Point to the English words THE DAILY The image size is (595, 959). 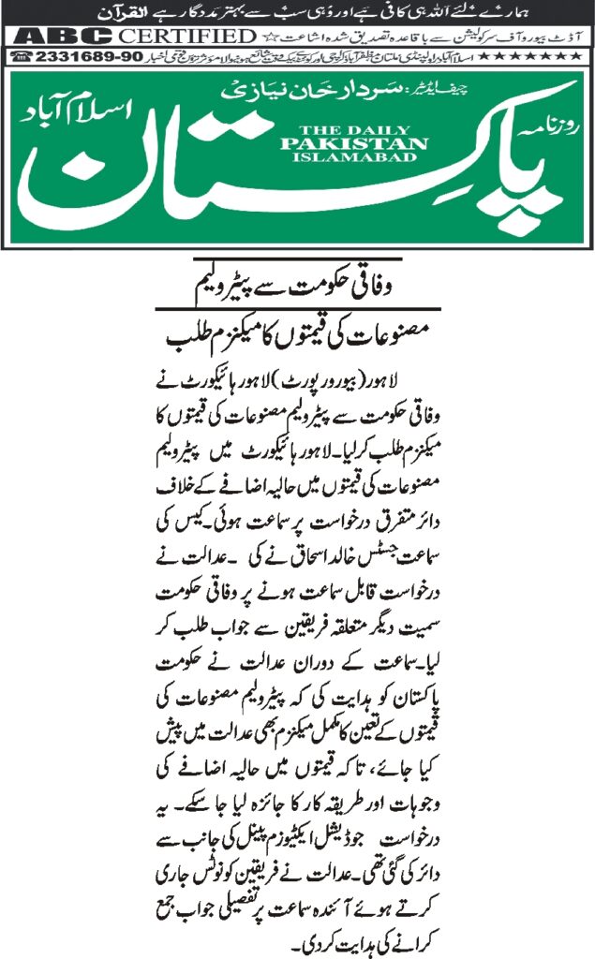[x=353, y=132]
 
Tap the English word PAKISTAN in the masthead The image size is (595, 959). [x=353, y=145]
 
